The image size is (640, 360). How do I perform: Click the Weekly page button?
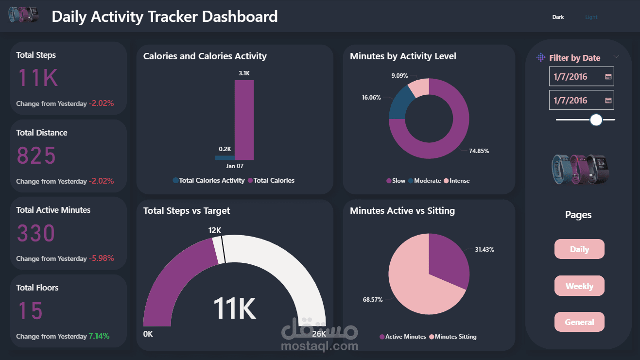point(579,286)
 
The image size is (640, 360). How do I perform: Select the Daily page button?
point(579,249)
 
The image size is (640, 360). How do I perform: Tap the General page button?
point(579,322)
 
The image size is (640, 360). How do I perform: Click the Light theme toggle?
point(591,17)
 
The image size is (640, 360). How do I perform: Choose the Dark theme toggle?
point(558,17)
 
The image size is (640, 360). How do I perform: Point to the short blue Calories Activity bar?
point(225,157)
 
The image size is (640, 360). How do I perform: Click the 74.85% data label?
point(479,151)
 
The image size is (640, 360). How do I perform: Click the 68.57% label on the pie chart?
point(373,300)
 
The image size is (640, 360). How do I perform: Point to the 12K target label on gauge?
point(215,230)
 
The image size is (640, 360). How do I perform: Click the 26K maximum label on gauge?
point(319,334)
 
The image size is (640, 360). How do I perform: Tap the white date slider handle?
point(596,120)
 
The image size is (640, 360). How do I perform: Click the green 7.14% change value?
point(99,336)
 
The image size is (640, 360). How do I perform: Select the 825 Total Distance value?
point(37,156)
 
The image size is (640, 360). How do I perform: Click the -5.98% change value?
point(102,258)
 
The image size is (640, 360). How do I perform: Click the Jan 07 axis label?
point(235,166)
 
